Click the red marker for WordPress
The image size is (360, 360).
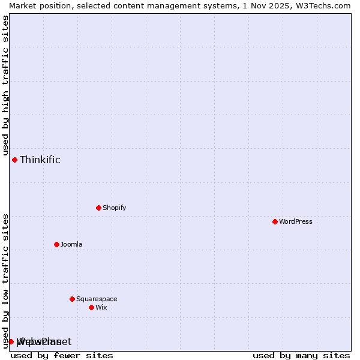coord(275,221)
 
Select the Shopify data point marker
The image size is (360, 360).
coord(98,208)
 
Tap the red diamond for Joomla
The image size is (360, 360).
coord(56,244)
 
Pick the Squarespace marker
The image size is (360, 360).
coord(72,299)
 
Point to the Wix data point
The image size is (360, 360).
coord(91,307)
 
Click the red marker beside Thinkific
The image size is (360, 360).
coord(14,160)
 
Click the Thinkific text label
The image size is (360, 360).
coord(40,160)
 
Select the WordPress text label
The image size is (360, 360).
coord(296,221)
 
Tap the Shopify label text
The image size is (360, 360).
coord(114,208)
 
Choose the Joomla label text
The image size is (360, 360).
coord(71,244)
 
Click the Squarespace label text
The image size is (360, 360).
coord(97,299)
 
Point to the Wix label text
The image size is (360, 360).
coord(101,307)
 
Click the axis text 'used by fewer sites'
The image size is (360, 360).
coord(62,355)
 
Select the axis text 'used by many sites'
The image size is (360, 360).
coord(301,355)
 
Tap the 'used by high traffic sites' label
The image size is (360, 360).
coord(5,85)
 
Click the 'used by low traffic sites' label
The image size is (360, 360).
coord(5,280)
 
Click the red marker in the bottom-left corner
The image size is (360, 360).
coord(11,341)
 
